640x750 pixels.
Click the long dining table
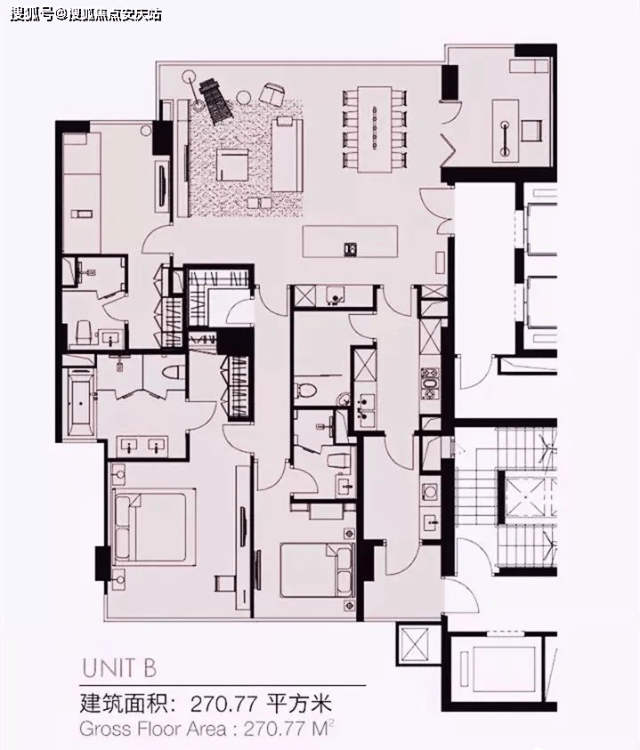click(x=375, y=129)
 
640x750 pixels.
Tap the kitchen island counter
click(x=350, y=242)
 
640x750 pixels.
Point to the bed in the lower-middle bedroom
click(x=316, y=569)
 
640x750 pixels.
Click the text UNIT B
click(x=119, y=668)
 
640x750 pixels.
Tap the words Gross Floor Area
click(x=153, y=730)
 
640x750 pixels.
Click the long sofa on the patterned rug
click(x=287, y=155)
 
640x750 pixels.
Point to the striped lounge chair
click(x=215, y=102)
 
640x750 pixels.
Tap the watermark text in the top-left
click(x=85, y=14)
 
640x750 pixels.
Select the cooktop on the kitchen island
click(x=351, y=248)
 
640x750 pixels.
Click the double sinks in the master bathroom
click(x=142, y=447)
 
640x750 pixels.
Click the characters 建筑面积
click(x=123, y=705)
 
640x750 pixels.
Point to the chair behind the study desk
click(x=531, y=130)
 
